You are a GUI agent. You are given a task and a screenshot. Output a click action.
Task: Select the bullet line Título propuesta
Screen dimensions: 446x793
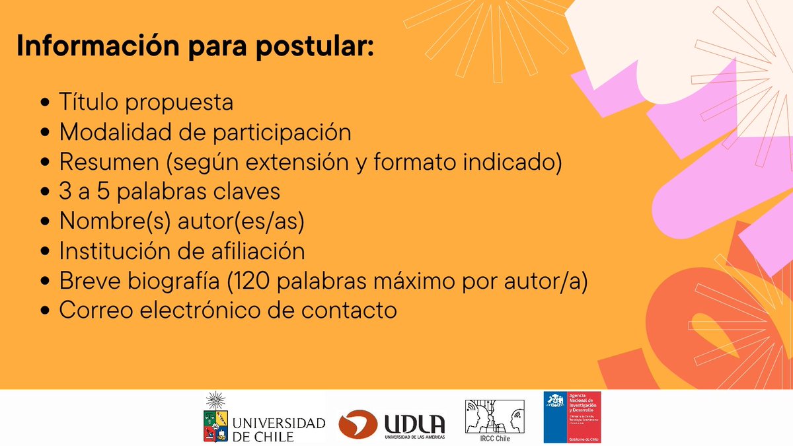(145, 102)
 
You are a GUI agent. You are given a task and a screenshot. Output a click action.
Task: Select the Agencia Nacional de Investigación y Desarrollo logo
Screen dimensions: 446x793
(572, 416)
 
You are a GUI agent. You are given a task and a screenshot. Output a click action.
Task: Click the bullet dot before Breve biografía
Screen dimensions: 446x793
(45, 281)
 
